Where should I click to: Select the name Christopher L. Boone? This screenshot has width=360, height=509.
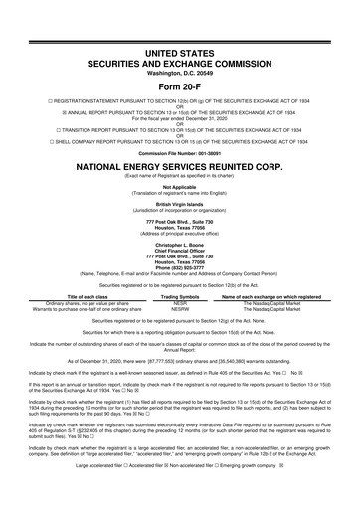[x=180, y=241]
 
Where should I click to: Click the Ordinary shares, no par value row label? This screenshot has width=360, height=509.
[x=79, y=302]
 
